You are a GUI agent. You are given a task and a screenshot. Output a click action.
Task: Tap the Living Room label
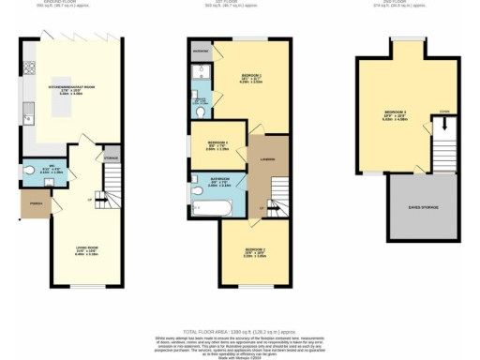86,250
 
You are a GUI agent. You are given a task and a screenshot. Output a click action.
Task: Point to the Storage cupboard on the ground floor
111,157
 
